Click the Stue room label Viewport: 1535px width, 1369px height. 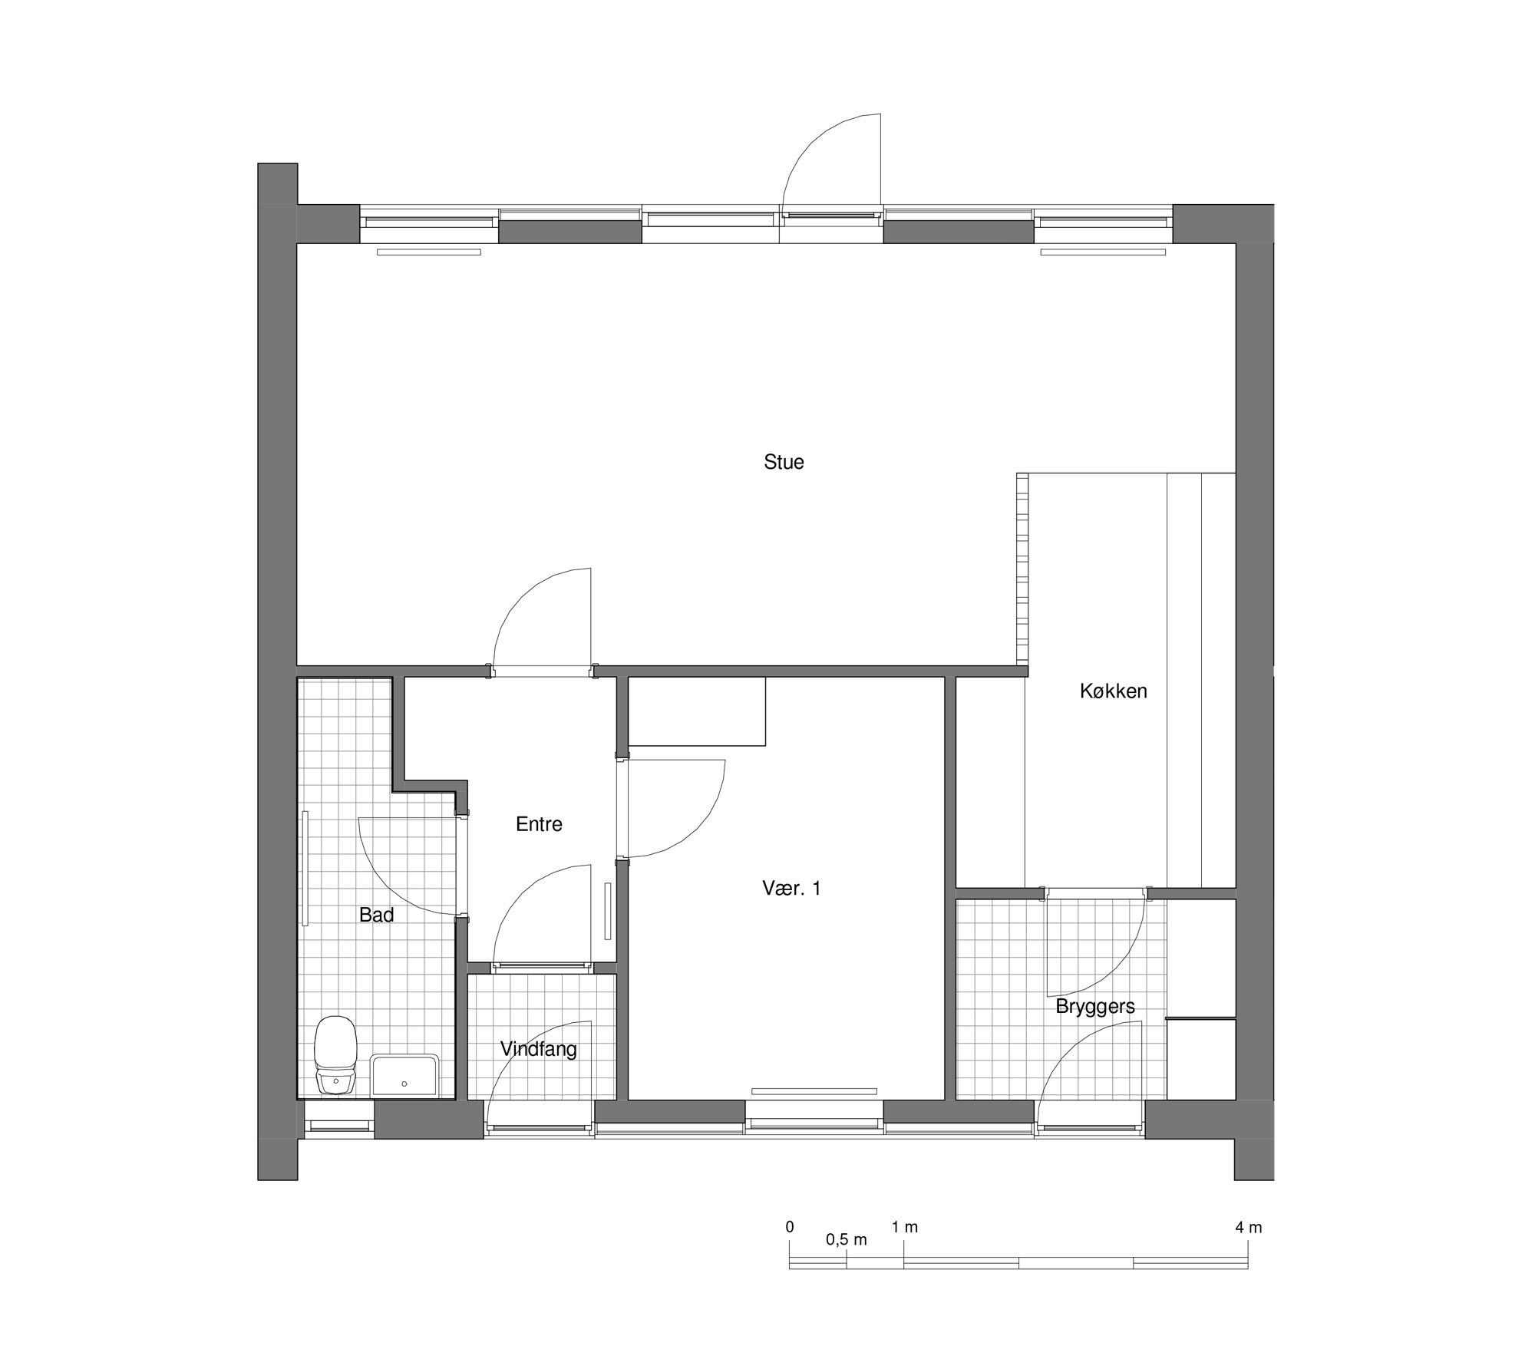pos(784,462)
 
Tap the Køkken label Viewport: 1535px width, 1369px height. pos(1113,691)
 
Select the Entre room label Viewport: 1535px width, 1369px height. pos(539,824)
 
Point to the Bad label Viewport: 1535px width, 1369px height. pos(376,915)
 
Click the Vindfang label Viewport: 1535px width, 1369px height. pos(538,1049)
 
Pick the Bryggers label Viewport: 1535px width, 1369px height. pos(1095,1007)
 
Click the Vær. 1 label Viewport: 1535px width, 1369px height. pos(791,889)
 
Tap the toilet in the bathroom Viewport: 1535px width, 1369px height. pos(335,1054)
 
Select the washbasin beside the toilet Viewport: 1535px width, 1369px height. pos(404,1075)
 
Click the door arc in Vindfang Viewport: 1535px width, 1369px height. pos(515,1048)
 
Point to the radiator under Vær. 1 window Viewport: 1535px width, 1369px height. pos(814,1091)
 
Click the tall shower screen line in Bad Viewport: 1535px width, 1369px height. pos(305,868)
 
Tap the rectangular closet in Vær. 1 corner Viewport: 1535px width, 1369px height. pos(696,711)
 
